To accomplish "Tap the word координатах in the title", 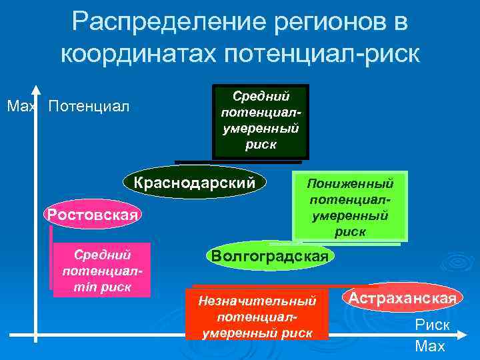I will (x=140, y=53).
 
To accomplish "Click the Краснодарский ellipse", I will (x=195, y=181).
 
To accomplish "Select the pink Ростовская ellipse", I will (x=91, y=215).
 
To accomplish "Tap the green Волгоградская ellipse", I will (x=269, y=256).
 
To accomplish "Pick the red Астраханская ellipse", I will (x=403, y=298).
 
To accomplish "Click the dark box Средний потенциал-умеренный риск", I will (x=260, y=121).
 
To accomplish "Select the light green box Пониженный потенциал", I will (x=349, y=207).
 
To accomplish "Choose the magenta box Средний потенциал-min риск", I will (x=102, y=271).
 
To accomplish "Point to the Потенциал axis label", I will (x=89, y=107).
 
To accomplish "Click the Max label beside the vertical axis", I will (x=17, y=107).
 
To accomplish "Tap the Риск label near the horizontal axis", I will (x=432, y=325).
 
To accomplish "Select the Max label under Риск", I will (x=430, y=346).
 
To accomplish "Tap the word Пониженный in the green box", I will (x=349, y=183).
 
